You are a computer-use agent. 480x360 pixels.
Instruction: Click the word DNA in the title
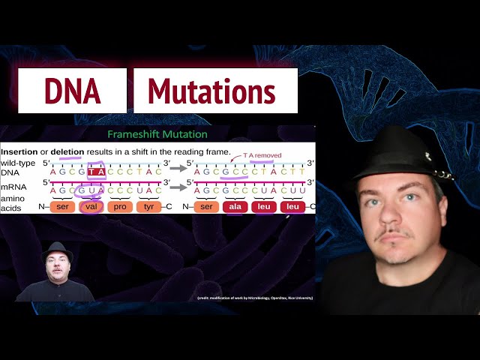pos(72,91)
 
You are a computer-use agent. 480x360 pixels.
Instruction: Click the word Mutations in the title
pos(211,91)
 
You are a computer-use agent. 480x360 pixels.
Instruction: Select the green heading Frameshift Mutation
pos(157,134)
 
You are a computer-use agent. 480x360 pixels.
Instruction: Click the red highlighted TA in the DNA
pos(95,171)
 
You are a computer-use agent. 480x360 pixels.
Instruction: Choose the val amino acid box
pos(91,206)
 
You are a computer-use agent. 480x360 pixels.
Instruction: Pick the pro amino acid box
pos(120,206)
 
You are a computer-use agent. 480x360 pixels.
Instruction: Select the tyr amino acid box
pos(149,206)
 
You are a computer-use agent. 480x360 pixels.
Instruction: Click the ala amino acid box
pos(235,206)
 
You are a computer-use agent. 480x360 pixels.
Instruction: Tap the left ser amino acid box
pos(62,206)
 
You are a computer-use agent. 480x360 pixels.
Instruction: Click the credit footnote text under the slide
pos(255,298)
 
